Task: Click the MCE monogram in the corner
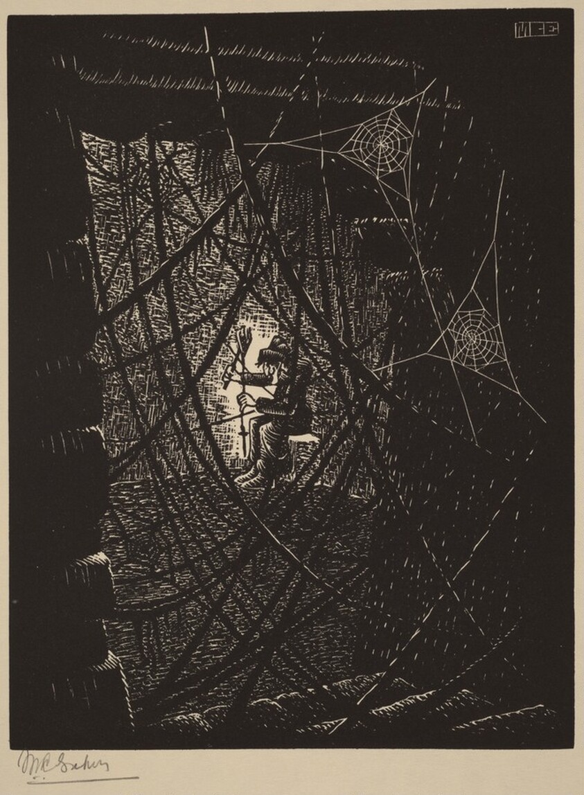537,30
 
